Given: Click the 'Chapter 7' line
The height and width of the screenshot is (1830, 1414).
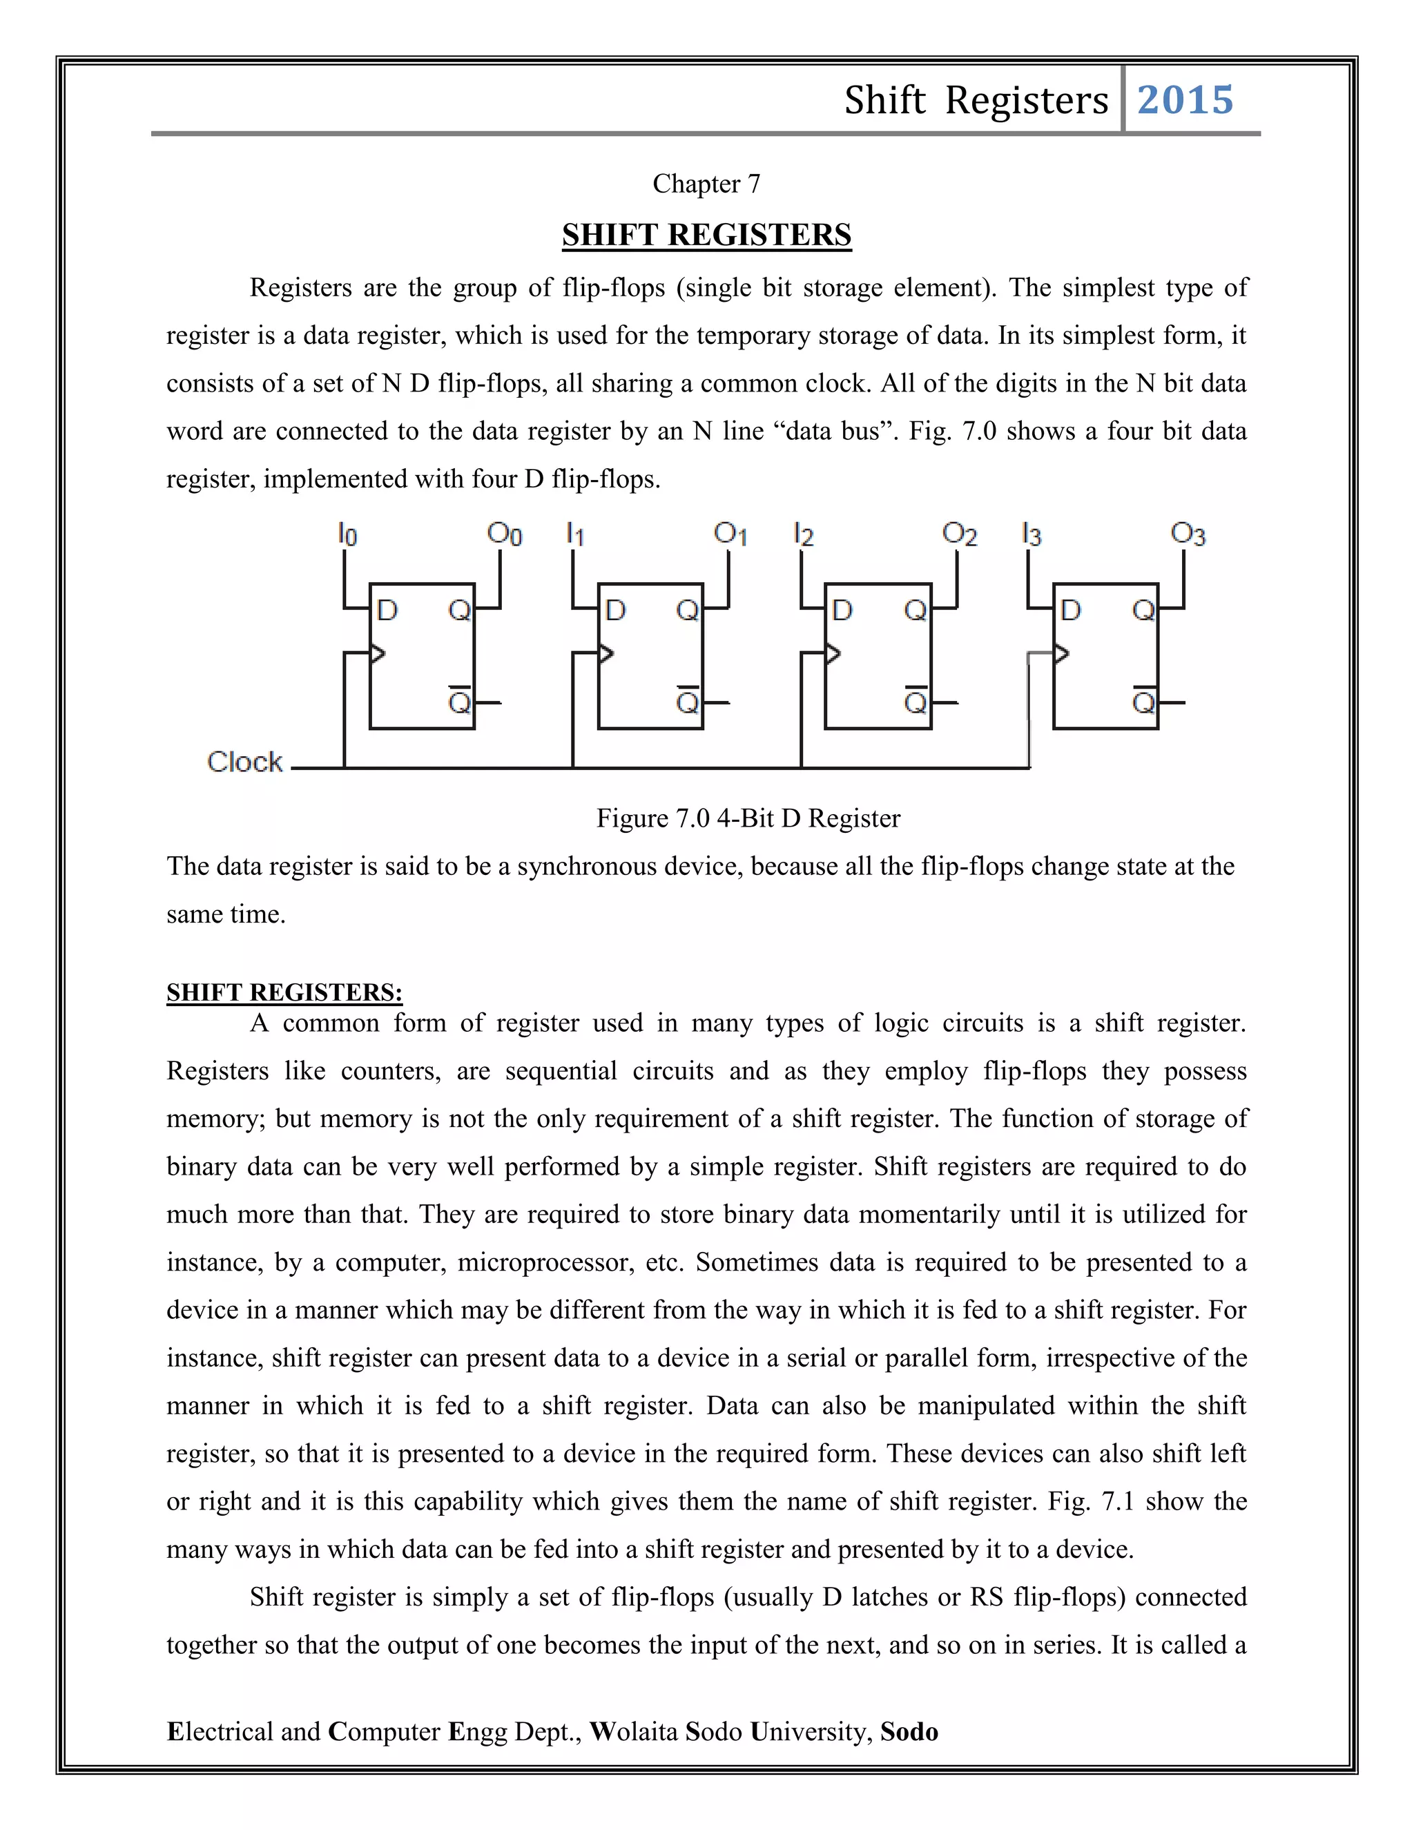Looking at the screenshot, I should point(706,184).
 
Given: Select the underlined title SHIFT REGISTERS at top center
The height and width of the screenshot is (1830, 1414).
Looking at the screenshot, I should point(706,235).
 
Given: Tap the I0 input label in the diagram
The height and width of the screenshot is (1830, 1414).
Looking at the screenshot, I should point(347,534).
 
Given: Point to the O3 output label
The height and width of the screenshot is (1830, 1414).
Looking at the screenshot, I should point(1187,534).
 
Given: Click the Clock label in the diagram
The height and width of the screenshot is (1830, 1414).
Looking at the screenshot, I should point(244,762).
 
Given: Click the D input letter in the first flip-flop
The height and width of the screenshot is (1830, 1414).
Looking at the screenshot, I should point(387,610).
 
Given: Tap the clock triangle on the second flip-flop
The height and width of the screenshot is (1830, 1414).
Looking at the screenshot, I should point(606,653).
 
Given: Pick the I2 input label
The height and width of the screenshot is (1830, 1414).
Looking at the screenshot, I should point(804,534).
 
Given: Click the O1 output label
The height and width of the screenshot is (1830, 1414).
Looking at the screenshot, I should point(730,534).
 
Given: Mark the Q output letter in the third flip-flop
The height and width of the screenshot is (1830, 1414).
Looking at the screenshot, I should point(915,610).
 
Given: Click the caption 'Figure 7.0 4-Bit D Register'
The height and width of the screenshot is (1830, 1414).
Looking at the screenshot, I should point(747,818).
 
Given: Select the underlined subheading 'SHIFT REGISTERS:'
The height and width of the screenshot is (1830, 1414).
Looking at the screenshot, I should point(284,992).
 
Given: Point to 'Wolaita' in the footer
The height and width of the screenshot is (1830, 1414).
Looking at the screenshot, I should point(633,1731).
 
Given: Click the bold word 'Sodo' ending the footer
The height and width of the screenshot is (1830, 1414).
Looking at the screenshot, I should point(909,1731).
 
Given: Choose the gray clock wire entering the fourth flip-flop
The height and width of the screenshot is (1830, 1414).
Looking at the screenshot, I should point(1029,695).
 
